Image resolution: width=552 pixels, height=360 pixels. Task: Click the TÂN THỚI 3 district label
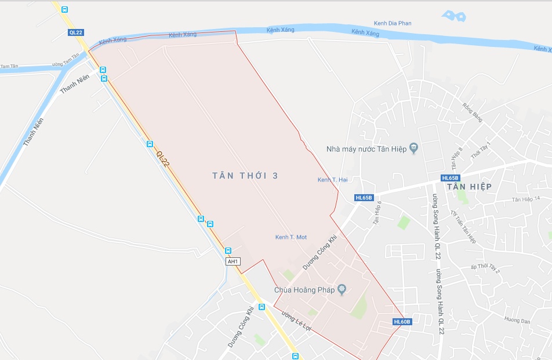245,176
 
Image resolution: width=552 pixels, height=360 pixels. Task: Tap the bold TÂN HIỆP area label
469,187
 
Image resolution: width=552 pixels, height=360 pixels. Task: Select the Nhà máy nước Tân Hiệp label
367,148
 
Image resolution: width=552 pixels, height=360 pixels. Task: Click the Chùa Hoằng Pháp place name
304,290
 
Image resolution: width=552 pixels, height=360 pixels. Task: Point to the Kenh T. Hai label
332,180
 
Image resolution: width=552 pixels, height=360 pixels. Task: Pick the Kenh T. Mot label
290,237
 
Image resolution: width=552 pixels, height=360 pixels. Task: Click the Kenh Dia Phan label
393,23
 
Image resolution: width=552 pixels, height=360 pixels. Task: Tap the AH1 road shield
233,261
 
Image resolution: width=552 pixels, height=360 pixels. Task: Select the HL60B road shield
402,322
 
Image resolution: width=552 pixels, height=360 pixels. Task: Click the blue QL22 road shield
76,32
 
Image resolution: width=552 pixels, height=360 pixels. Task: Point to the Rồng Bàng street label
473,112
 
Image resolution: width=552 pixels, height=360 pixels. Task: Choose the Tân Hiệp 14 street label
525,199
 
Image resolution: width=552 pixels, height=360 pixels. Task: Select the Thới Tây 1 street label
481,150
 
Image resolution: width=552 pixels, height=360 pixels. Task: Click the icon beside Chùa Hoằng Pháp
342,289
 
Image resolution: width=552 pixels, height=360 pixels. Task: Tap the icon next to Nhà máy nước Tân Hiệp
413,148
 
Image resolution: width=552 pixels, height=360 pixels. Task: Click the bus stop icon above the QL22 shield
64,9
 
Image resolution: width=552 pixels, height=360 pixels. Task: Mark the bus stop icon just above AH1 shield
228,251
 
